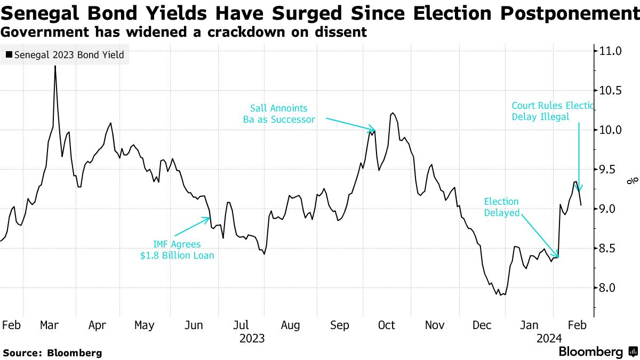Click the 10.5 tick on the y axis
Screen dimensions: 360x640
pyautogui.click(x=611, y=91)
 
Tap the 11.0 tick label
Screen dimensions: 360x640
pyautogui.click(x=611, y=51)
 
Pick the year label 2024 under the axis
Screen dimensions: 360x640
pyautogui.click(x=549, y=339)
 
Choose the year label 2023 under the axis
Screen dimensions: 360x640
pyautogui.click(x=252, y=339)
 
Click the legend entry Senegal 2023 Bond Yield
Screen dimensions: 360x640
pyautogui.click(x=65, y=54)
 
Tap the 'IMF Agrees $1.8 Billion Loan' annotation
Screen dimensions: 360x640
pyautogui.click(x=177, y=250)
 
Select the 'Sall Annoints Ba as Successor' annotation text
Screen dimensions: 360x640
pyautogui.click(x=279, y=114)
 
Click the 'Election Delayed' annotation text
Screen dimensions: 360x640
pyautogui.click(x=501, y=207)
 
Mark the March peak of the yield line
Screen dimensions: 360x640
pyautogui.click(x=55, y=67)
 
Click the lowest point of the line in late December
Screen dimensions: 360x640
pyautogui.click(x=501, y=295)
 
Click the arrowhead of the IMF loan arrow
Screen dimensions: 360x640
pyautogui.click(x=209, y=218)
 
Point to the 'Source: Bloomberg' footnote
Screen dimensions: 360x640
pyautogui.click(x=52, y=353)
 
